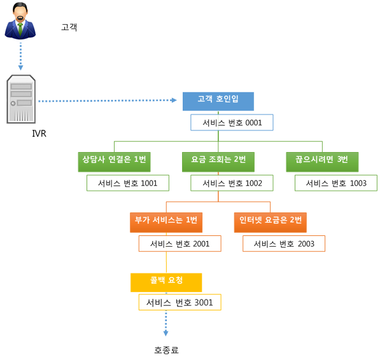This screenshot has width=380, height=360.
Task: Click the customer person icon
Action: [20, 20]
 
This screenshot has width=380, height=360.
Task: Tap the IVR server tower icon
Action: [21, 99]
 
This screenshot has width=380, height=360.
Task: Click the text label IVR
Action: [39, 134]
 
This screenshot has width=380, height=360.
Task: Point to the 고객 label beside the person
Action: [69, 27]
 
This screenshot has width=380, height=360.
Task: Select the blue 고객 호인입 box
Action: [218, 101]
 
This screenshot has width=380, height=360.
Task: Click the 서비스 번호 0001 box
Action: [232, 123]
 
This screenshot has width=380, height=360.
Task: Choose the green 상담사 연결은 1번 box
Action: [114, 162]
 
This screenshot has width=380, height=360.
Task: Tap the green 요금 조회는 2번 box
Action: [218, 162]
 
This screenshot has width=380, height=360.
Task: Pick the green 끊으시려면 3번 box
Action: [322, 162]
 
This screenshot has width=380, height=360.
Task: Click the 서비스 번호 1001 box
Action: [128, 183]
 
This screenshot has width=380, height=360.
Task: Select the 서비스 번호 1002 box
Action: [232, 183]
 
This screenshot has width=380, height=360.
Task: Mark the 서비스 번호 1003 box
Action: [336, 183]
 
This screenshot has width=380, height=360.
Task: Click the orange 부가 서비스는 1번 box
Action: [166, 222]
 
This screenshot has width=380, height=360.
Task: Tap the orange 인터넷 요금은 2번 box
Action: [271, 222]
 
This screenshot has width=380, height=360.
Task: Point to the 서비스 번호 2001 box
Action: [180, 244]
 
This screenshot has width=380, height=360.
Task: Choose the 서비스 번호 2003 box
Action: [284, 244]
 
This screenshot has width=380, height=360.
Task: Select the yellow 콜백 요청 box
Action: [166, 282]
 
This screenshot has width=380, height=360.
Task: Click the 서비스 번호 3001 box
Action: [180, 302]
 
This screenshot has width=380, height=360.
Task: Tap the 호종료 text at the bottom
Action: [166, 350]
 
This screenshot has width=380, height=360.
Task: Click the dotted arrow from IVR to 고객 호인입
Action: [108, 100]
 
